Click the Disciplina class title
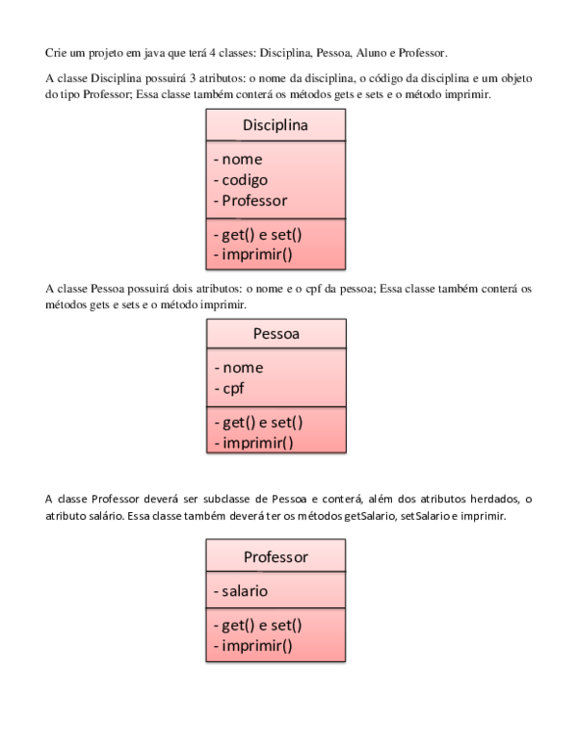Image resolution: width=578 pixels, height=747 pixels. pos(276,126)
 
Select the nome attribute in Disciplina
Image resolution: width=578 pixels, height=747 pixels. pos(242,159)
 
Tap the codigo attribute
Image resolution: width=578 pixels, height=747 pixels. pos(245,180)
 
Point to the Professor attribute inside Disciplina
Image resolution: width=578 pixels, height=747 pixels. pos(254,200)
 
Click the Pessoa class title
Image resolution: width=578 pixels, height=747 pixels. pos(276,334)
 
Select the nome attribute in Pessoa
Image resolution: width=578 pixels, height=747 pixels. pos(242,367)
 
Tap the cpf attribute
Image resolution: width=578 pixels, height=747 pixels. pos(236,388)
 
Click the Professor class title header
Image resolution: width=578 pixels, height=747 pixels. pos(276,556)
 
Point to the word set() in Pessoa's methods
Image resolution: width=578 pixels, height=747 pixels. pos(286,423)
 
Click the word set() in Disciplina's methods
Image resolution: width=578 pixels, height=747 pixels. pos(286,235)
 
